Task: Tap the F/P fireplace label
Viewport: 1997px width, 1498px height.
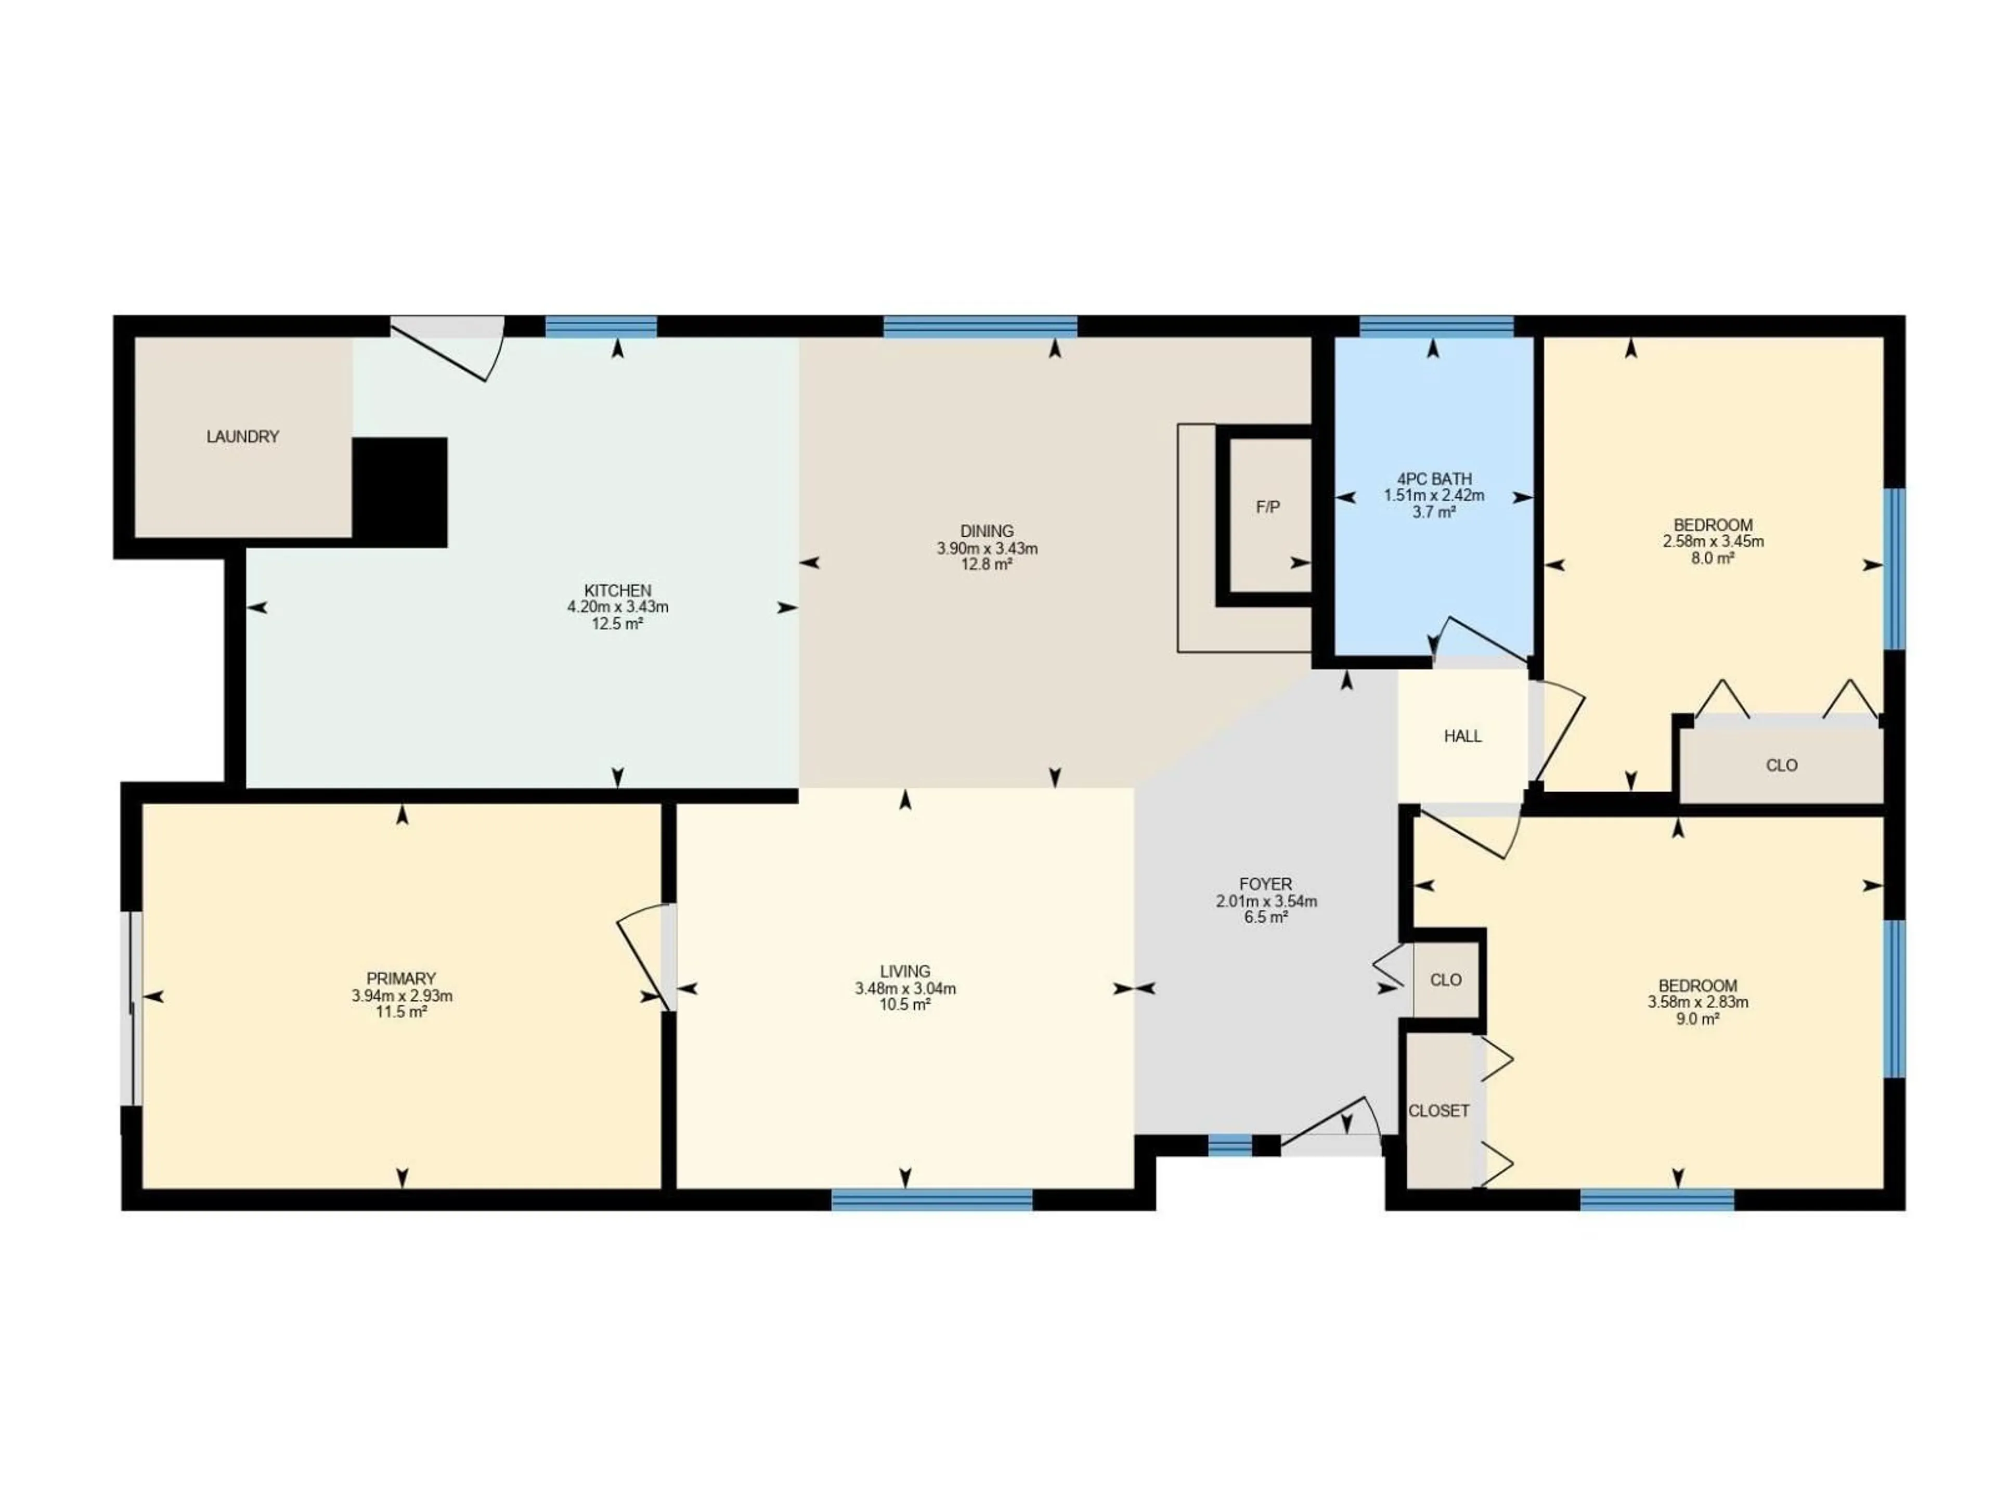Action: click(x=1267, y=508)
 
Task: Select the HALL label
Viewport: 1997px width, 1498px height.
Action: click(x=1462, y=736)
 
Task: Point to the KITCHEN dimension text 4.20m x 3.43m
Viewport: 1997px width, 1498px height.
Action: click(x=617, y=607)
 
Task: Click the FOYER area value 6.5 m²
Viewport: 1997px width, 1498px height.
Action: click(x=1266, y=918)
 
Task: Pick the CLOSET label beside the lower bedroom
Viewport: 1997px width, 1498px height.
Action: click(x=1439, y=1110)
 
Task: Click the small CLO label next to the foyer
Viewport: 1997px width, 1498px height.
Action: click(x=1445, y=980)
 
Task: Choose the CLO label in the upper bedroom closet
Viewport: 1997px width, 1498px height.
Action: click(x=1781, y=766)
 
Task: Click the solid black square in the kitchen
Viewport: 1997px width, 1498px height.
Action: click(x=400, y=492)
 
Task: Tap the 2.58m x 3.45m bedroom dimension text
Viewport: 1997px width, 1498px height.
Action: click(x=1713, y=542)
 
